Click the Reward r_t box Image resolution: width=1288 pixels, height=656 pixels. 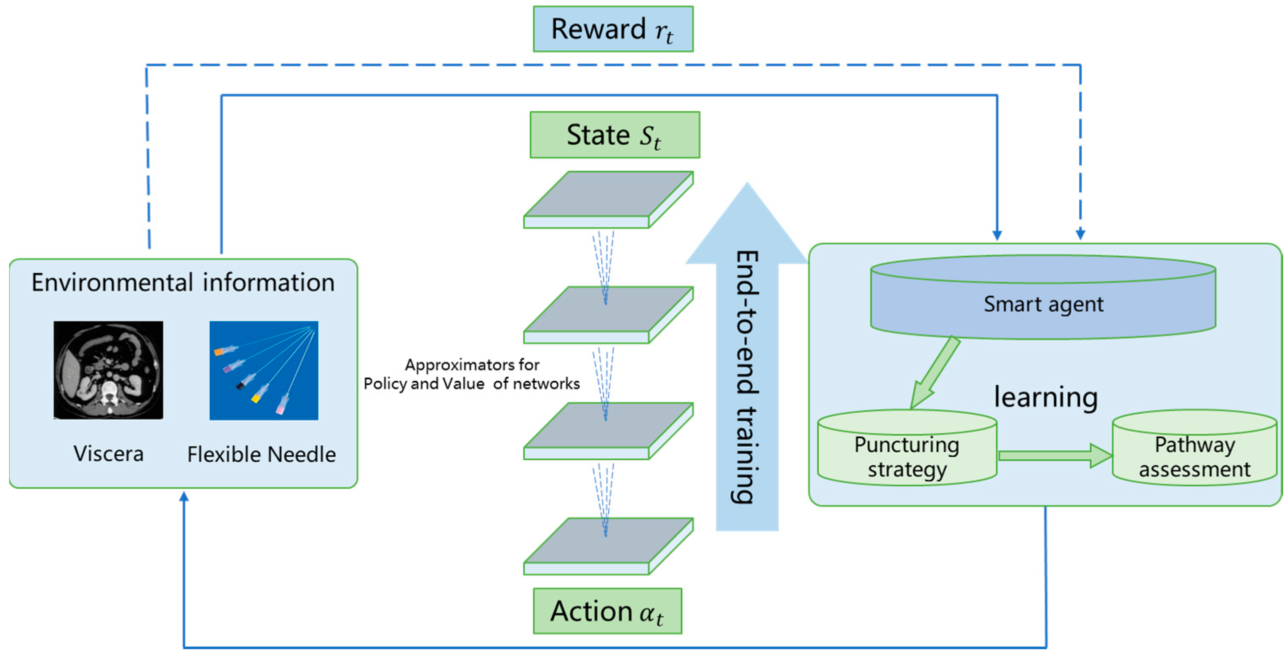click(613, 29)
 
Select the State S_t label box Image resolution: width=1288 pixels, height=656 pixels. click(615, 135)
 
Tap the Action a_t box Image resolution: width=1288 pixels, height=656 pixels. click(607, 611)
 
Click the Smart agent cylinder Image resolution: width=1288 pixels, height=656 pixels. click(1043, 304)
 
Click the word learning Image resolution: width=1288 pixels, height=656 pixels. click(1045, 397)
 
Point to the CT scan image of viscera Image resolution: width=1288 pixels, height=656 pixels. click(108, 370)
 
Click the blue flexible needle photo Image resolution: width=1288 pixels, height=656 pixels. click(264, 370)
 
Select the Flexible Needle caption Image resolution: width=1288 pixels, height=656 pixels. click(261, 454)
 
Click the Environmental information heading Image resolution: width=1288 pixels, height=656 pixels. click(183, 283)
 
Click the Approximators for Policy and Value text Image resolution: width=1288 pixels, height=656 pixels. click(471, 374)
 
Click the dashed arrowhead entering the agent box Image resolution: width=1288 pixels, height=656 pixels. click(1080, 234)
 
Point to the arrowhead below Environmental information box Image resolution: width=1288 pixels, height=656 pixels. click(184, 496)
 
